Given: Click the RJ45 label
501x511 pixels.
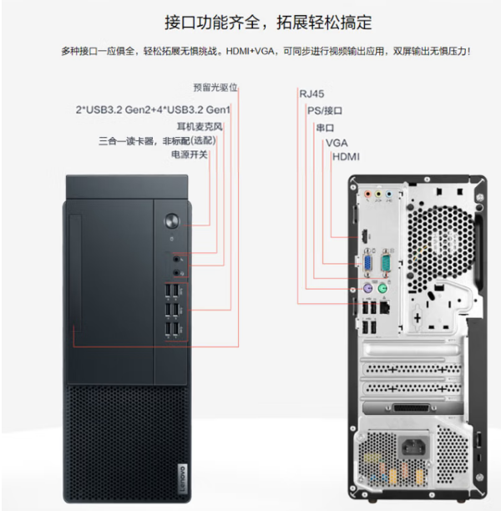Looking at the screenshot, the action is (311, 94).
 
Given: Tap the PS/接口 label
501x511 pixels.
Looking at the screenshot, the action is (325, 110).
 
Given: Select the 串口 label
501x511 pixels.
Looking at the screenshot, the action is (325, 128).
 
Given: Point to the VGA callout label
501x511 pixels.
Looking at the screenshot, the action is (337, 143).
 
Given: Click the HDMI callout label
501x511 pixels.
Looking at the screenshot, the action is (346, 157).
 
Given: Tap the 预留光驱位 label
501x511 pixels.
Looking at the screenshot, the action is (215, 88).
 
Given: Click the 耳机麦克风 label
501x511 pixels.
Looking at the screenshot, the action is (200, 126).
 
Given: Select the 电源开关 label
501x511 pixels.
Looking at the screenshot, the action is (190, 154).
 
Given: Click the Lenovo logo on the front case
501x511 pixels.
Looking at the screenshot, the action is (183, 478).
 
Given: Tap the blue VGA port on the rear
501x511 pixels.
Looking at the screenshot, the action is (367, 263).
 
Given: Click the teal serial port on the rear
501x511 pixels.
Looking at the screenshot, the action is (386, 263).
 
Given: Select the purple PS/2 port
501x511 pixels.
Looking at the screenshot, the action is (367, 288).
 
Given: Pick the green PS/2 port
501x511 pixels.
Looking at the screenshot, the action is (382, 288).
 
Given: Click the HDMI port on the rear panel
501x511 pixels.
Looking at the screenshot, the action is (364, 236).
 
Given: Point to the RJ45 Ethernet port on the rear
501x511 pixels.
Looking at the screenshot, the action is (385, 308).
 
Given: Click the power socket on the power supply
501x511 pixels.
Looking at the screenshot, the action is (413, 446).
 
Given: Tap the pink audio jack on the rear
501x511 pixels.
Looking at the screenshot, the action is (367, 195).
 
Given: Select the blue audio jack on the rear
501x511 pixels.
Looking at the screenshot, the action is (388, 195).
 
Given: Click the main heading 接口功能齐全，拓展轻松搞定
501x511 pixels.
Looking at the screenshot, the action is (268, 23).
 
